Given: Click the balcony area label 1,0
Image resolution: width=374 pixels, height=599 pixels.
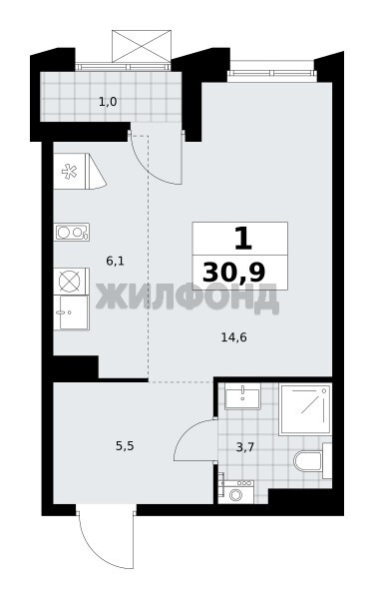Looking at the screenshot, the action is pyautogui.click(x=108, y=102).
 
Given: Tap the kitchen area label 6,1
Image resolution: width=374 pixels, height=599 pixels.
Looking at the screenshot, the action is pyautogui.click(x=116, y=262).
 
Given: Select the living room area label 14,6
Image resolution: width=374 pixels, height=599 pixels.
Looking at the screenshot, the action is pyautogui.click(x=234, y=337).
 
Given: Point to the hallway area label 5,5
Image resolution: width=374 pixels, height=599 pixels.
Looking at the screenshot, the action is pyautogui.click(x=125, y=446).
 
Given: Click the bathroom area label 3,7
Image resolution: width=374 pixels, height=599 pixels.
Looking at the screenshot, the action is pyautogui.click(x=245, y=447).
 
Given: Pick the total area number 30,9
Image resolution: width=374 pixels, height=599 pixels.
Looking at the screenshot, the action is pyautogui.click(x=234, y=273).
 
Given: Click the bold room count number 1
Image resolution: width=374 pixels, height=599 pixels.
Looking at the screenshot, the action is pyautogui.click(x=242, y=238).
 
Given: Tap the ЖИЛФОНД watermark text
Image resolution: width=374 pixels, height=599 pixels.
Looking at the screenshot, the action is pyautogui.click(x=187, y=297).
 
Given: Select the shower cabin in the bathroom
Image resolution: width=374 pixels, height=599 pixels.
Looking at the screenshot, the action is pyautogui.click(x=305, y=409).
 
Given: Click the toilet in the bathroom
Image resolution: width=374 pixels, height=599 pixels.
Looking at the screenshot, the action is pyautogui.click(x=313, y=460).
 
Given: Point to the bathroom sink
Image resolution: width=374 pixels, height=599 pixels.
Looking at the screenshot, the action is pyautogui.click(x=242, y=397).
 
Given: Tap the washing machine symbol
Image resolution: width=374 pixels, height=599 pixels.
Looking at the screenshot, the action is pyautogui.click(x=236, y=491).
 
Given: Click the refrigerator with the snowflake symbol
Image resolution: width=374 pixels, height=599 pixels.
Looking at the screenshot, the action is pyautogui.click(x=72, y=171).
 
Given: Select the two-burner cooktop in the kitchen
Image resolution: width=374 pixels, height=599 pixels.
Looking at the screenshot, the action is pyautogui.click(x=72, y=232).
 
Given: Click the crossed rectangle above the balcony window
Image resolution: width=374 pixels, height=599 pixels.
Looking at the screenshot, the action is pyautogui.click(x=142, y=46).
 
